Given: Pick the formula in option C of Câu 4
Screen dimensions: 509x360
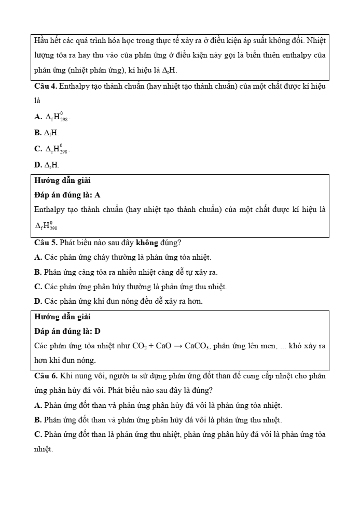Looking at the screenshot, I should click(57, 149).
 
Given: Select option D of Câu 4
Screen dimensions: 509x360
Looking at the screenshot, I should click(47, 165).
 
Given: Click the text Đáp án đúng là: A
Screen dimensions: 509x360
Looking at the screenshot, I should click(67, 195).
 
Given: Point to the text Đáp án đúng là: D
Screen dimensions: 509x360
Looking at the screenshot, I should click(67, 331).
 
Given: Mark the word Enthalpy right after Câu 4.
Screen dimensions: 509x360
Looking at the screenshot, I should click(75, 87).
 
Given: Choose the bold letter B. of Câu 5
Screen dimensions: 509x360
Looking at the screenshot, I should click(38, 272).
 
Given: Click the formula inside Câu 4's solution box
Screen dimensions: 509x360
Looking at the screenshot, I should click(46, 225).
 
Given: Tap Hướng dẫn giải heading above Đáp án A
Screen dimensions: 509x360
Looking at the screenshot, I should click(62, 180).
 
